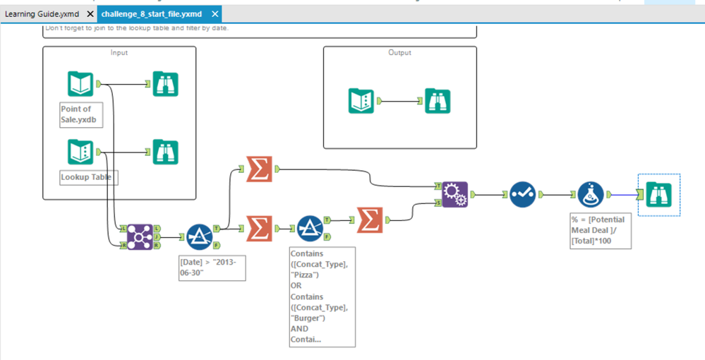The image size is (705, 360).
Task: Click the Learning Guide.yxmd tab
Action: click(42, 14)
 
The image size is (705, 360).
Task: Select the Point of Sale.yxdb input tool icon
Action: click(80, 84)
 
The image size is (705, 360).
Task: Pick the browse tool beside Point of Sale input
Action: click(166, 84)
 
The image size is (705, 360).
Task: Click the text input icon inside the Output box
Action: click(361, 101)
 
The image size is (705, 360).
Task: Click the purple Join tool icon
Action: click(140, 237)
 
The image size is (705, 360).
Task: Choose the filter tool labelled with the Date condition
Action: click(200, 237)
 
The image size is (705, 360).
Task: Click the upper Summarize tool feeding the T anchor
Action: click(260, 169)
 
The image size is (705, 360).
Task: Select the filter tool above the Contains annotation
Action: click(309, 228)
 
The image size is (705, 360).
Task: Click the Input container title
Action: click(119, 53)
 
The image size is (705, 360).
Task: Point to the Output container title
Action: click(399, 53)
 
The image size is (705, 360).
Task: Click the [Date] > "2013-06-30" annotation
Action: click(212, 268)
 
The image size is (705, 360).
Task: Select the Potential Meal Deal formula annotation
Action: click(601, 231)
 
